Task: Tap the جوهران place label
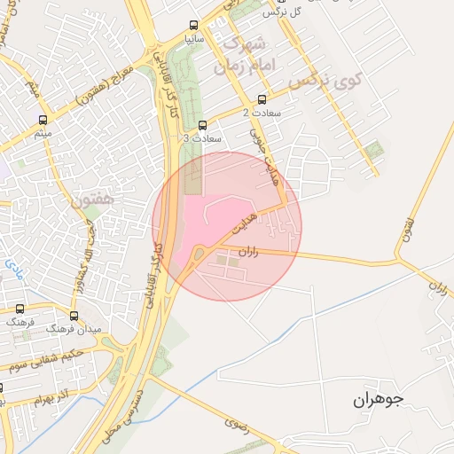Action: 378,401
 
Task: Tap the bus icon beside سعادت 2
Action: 261,99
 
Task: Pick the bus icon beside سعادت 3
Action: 203,125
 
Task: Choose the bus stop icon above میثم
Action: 43,120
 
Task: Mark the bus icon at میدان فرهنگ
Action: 73,315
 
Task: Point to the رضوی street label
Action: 237,427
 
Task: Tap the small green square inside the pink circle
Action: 222,260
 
